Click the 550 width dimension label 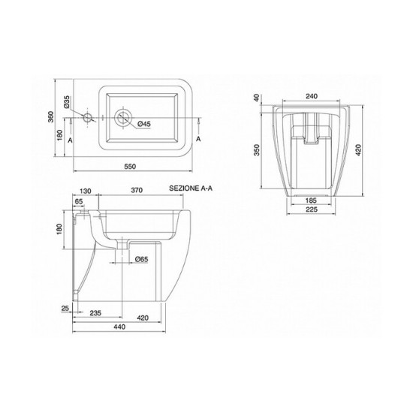(x=130, y=167)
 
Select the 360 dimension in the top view (x=51, y=117)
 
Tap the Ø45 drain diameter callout (x=144, y=124)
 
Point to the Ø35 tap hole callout (x=66, y=102)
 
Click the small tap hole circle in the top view (x=87, y=117)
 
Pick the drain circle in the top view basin (x=123, y=117)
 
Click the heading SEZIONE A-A (x=191, y=188)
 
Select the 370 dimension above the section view (x=137, y=190)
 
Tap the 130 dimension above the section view (x=85, y=191)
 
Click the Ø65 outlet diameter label (x=141, y=260)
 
